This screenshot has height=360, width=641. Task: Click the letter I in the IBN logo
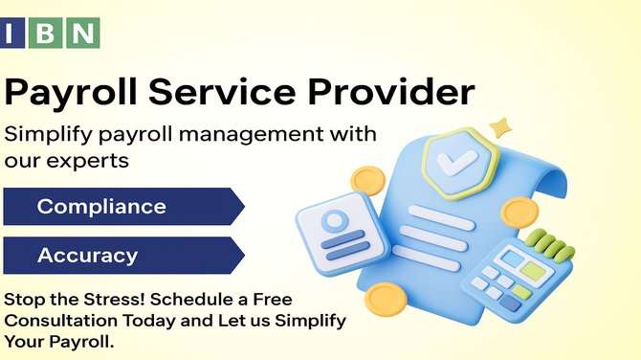(x=9, y=34)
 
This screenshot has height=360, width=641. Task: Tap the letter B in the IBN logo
(x=45, y=34)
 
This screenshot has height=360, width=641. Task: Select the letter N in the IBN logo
(x=83, y=34)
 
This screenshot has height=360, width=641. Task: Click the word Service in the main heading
(x=222, y=91)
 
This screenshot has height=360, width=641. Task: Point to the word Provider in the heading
(x=391, y=91)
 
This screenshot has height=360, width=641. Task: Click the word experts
(x=87, y=161)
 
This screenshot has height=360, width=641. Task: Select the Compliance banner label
(x=101, y=206)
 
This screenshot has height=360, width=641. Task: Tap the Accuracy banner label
(x=87, y=256)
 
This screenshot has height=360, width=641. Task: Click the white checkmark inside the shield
(x=456, y=163)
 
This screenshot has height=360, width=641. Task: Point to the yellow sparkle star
(x=500, y=127)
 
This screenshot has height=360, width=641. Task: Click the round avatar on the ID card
(x=335, y=221)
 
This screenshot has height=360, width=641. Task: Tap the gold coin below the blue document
(x=386, y=300)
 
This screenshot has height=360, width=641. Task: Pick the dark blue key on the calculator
(x=511, y=303)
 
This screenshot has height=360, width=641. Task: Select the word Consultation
(x=61, y=321)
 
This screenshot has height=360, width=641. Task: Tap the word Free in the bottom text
(x=273, y=300)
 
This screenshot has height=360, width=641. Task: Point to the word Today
(x=149, y=321)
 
